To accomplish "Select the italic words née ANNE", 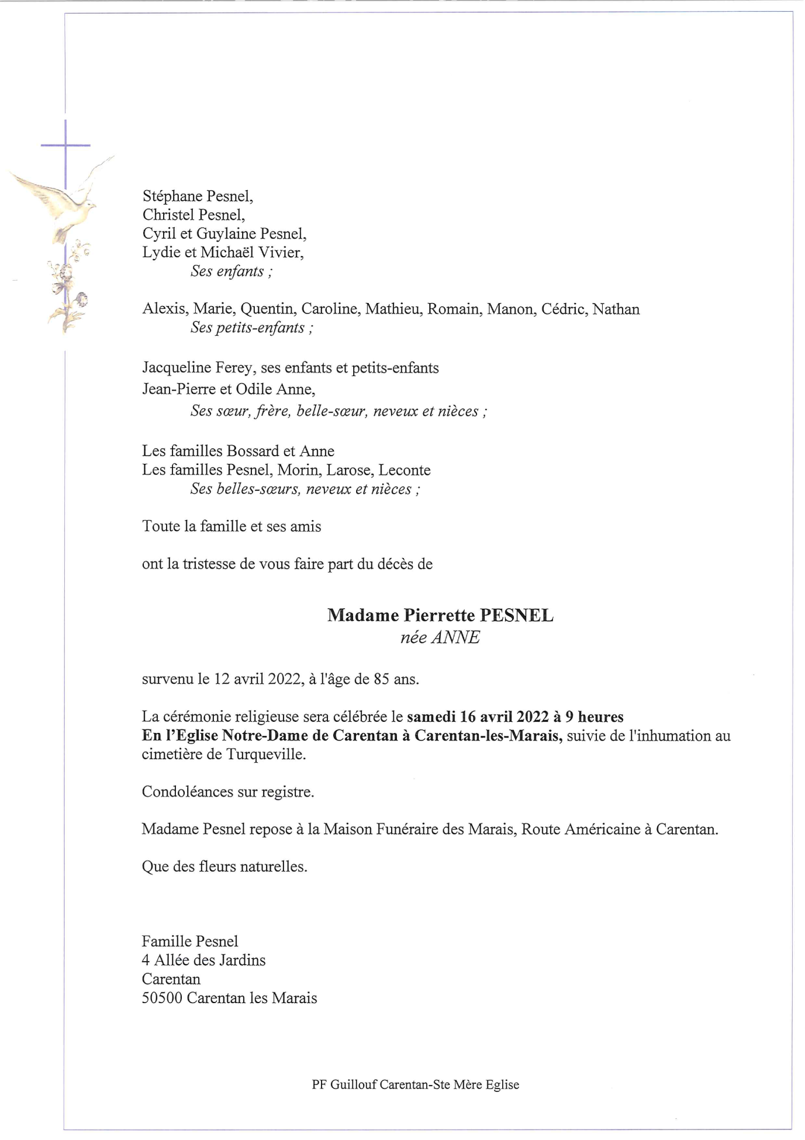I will point(440,637).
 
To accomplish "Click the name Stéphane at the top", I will point(169,196).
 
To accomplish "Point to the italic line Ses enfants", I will point(231,271).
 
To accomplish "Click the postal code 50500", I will point(162,997).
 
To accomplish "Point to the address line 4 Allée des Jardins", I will point(203,960).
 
